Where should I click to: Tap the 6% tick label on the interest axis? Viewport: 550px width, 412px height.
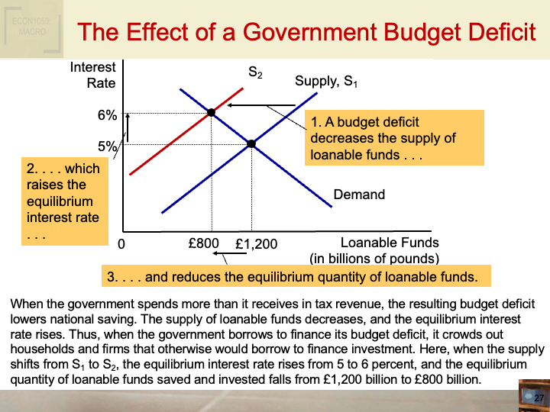[x=107, y=115]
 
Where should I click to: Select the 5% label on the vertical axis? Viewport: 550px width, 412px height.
[x=107, y=145]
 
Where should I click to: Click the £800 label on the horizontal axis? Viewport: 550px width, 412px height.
[x=203, y=244]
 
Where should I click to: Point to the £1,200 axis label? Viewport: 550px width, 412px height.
[x=257, y=245]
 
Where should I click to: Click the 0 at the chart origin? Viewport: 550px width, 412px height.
[x=121, y=246]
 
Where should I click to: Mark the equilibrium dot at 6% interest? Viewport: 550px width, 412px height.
[x=212, y=113]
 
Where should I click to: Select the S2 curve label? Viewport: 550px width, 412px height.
[x=255, y=72]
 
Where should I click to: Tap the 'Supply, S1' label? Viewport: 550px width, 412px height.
[x=326, y=82]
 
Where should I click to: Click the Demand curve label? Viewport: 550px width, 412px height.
[x=359, y=195]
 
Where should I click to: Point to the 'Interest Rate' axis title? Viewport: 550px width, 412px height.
[x=93, y=75]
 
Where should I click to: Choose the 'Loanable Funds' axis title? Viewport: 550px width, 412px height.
[x=390, y=243]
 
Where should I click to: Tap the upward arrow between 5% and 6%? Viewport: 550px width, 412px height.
[x=128, y=127]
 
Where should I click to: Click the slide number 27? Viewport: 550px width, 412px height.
[x=538, y=399]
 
